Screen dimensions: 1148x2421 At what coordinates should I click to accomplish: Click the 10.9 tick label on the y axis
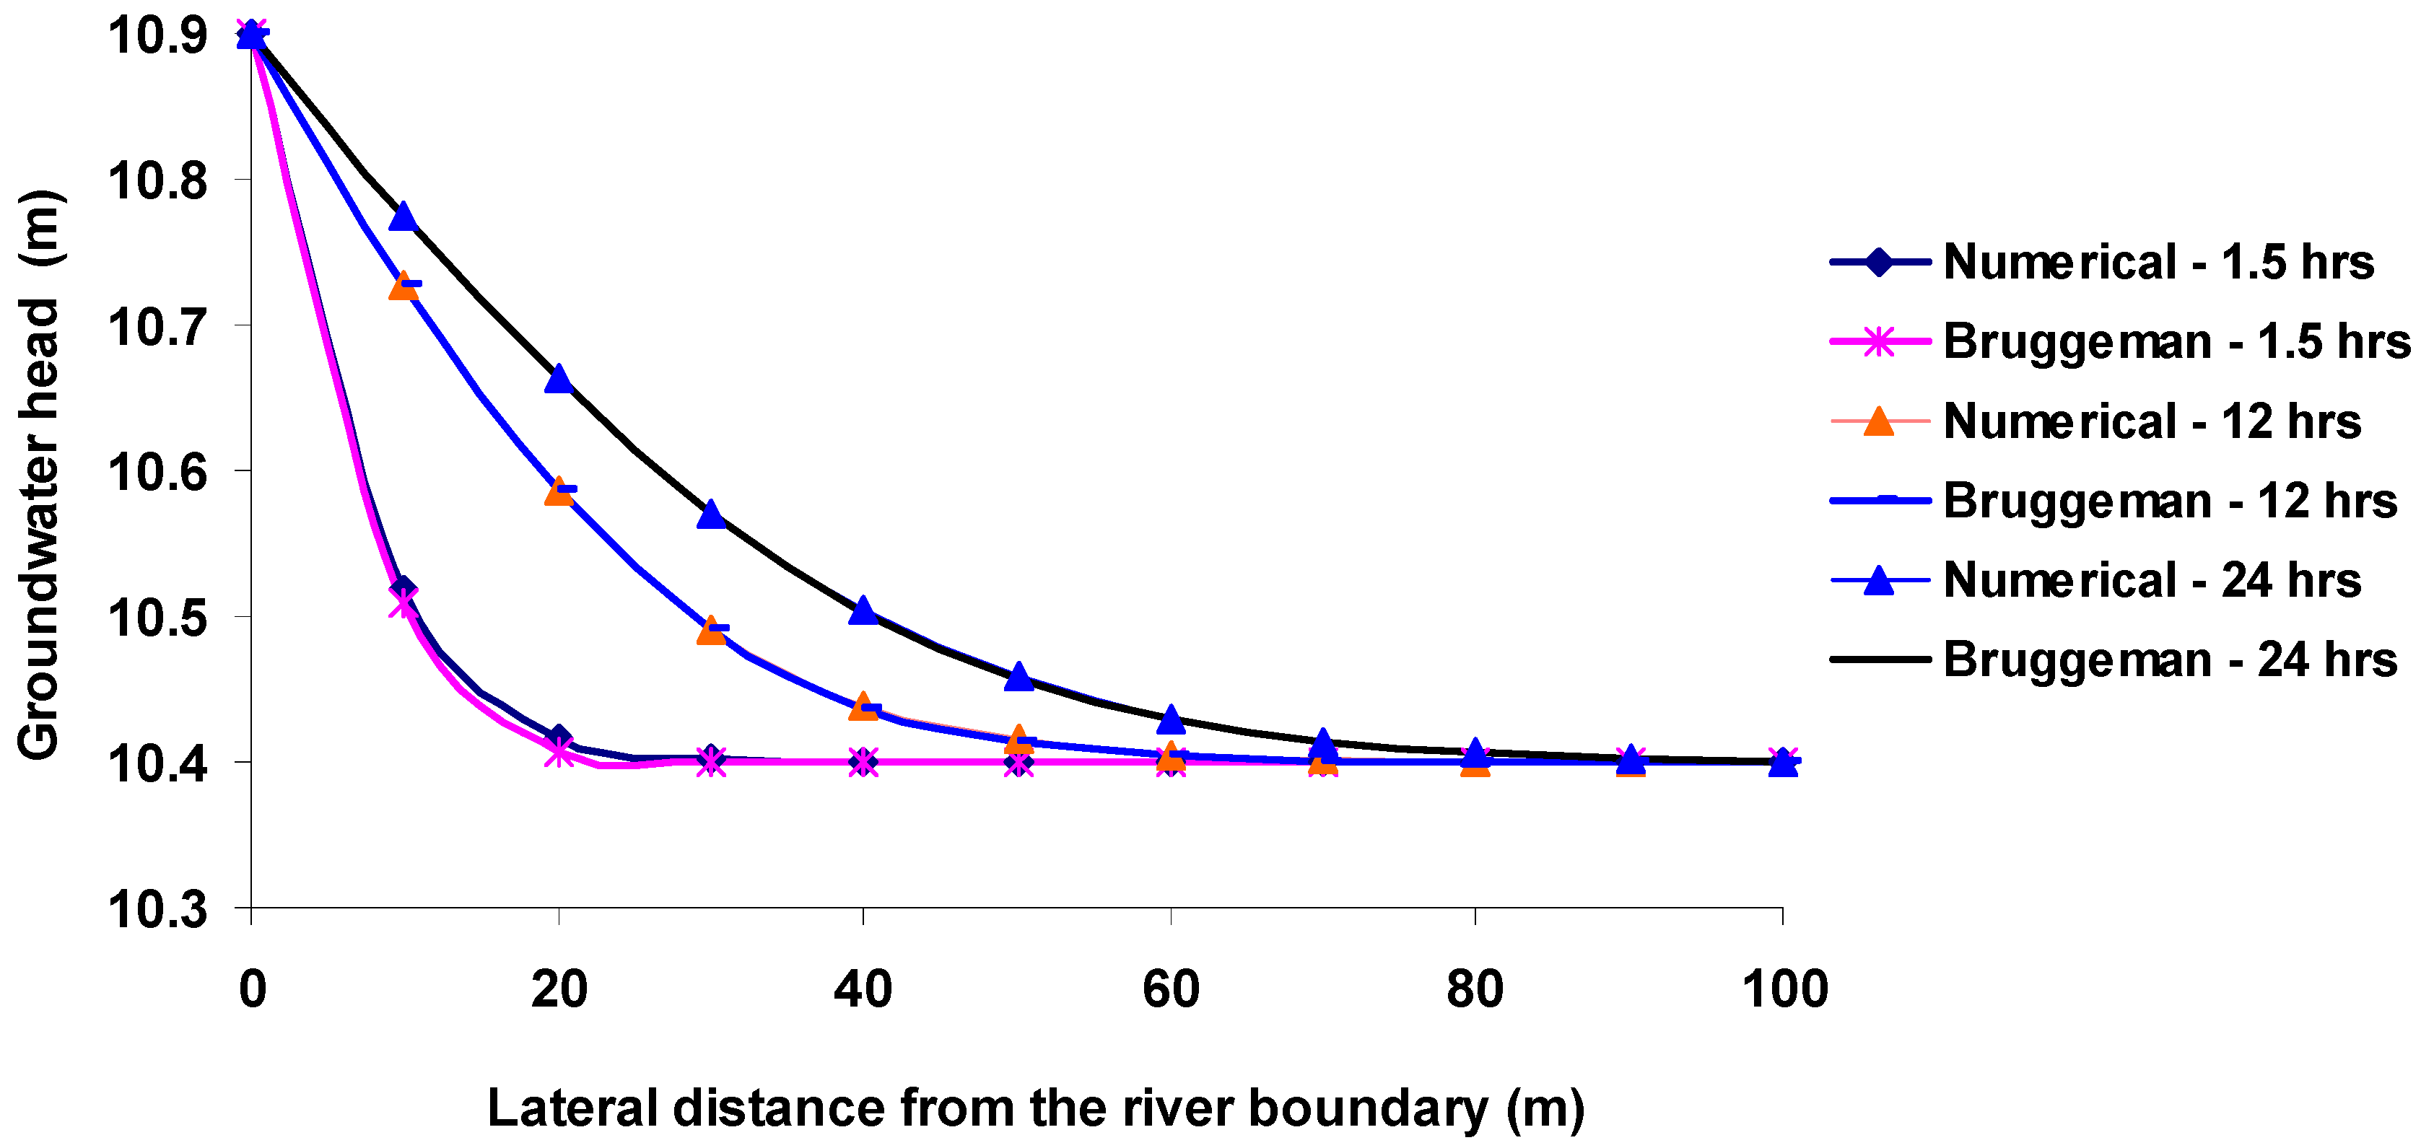(157, 35)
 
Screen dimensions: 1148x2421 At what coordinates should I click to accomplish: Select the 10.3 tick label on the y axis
(157, 909)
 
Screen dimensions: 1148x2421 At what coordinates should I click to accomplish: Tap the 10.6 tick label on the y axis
(157, 472)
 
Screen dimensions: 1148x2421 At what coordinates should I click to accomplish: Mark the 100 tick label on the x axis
(1784, 989)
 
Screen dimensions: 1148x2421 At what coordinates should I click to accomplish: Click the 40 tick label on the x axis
(863, 989)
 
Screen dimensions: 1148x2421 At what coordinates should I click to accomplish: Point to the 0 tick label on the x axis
(252, 989)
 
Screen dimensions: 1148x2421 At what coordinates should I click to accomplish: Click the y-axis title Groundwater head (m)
(40, 474)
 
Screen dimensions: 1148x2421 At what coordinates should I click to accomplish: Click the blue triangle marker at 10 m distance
(403, 216)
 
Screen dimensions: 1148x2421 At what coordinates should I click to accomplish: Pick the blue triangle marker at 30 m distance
(712, 514)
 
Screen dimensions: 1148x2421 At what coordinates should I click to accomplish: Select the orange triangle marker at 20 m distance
(558, 491)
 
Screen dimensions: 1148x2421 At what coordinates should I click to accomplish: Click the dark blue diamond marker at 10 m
(403, 588)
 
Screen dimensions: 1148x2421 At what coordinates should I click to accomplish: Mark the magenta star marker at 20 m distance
(558, 752)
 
